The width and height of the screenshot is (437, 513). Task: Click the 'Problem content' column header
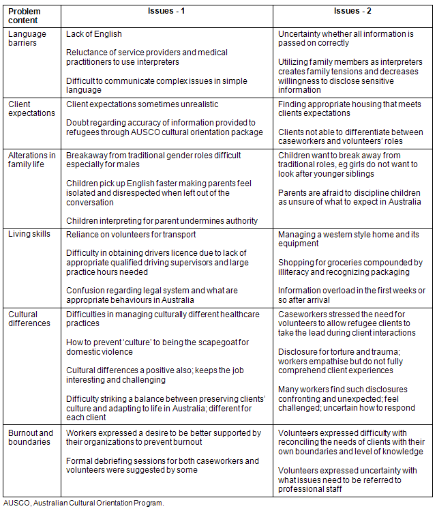[24, 16]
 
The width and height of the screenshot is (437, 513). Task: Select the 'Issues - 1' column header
[168, 12]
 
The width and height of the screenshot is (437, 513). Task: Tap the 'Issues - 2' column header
[353, 12]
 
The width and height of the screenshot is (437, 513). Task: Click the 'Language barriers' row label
[27, 38]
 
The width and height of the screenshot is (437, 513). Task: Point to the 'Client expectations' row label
[31, 108]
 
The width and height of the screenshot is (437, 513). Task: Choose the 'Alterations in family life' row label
[31, 160]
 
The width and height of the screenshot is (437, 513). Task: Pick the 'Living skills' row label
[29, 235]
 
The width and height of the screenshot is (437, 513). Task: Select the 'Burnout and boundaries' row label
[30, 437]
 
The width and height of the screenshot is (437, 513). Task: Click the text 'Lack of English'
[94, 34]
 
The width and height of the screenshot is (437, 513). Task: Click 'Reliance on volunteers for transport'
[131, 235]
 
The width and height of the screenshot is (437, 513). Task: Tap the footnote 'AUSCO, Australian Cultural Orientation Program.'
[83, 503]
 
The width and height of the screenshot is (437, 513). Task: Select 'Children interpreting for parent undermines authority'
[162, 220]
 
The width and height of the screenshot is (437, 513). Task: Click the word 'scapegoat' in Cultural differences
[200, 342]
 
